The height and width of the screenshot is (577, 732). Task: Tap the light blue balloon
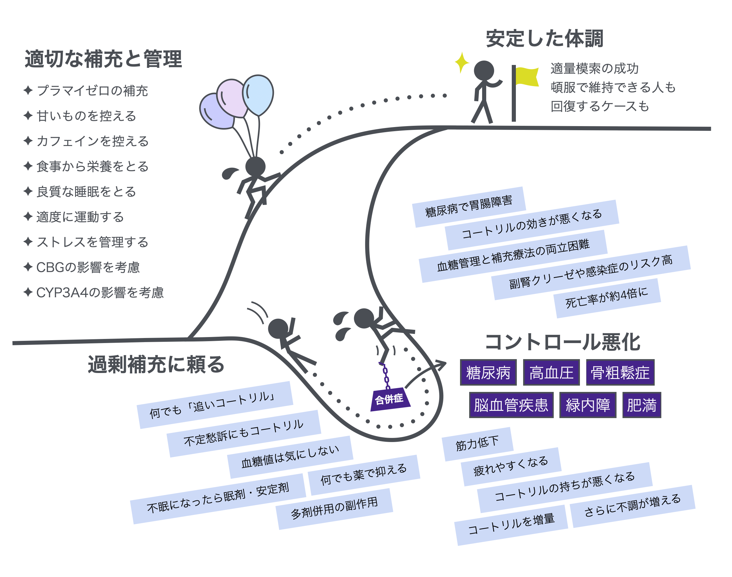pyautogui.click(x=258, y=95)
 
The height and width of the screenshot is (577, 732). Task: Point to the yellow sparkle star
pyautogui.click(x=462, y=62)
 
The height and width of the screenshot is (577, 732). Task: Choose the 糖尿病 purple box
pyautogui.click(x=488, y=373)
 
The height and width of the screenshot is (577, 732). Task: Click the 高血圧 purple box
pyautogui.click(x=551, y=373)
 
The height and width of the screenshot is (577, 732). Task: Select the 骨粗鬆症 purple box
pyautogui.click(x=620, y=373)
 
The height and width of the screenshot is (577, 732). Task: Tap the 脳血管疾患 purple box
pyautogui.click(x=511, y=405)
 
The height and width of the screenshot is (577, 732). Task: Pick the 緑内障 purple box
pyautogui.click(x=587, y=405)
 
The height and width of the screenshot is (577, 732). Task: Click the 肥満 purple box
pyautogui.click(x=641, y=405)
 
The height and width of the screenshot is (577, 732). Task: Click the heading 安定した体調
pyautogui.click(x=544, y=38)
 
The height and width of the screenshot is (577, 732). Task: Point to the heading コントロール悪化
pyautogui.click(x=562, y=342)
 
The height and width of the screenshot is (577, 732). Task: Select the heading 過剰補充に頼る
pyautogui.click(x=156, y=364)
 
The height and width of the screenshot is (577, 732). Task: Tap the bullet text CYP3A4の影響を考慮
pyautogui.click(x=100, y=293)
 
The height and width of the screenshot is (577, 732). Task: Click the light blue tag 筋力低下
pyautogui.click(x=477, y=444)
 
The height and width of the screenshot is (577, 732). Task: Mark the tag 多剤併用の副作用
pyautogui.click(x=334, y=508)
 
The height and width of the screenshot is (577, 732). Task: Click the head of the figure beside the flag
pyautogui.click(x=484, y=71)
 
